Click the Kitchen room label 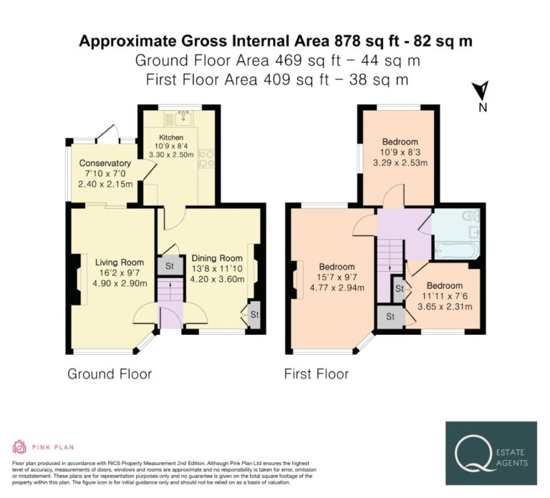(x=171, y=137)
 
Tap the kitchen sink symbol (x=178, y=118)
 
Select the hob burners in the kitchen (x=206, y=158)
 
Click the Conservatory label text (x=105, y=163)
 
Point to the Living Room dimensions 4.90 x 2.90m (x=120, y=283)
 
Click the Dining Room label (x=217, y=258)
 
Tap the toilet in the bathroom (x=471, y=215)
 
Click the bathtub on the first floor (x=456, y=250)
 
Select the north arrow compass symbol (x=481, y=91)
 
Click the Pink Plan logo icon (x=19, y=446)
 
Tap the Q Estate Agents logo (x=491, y=453)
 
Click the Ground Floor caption (x=110, y=374)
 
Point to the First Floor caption (x=317, y=374)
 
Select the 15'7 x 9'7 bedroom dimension (x=337, y=277)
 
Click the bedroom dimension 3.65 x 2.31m (x=445, y=307)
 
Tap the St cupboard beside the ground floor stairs (x=170, y=265)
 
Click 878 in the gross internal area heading (x=347, y=41)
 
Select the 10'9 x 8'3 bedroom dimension (x=400, y=152)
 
